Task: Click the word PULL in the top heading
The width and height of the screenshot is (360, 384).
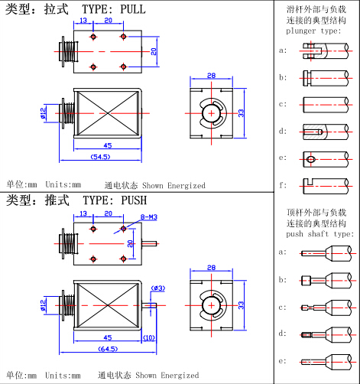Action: click(x=133, y=9)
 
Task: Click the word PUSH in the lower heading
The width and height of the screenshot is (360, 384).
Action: click(x=134, y=200)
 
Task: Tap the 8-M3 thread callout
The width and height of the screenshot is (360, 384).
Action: click(x=149, y=217)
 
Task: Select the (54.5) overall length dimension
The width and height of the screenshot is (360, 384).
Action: click(x=101, y=157)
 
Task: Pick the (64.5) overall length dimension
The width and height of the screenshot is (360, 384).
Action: click(x=108, y=349)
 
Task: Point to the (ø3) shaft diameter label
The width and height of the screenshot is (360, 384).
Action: click(x=158, y=288)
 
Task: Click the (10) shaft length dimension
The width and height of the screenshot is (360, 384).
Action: click(x=149, y=338)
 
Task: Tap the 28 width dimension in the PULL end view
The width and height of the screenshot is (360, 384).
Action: click(x=211, y=76)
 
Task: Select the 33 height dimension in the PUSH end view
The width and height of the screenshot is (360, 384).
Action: click(x=241, y=305)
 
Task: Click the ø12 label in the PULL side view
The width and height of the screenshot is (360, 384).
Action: click(x=43, y=113)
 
